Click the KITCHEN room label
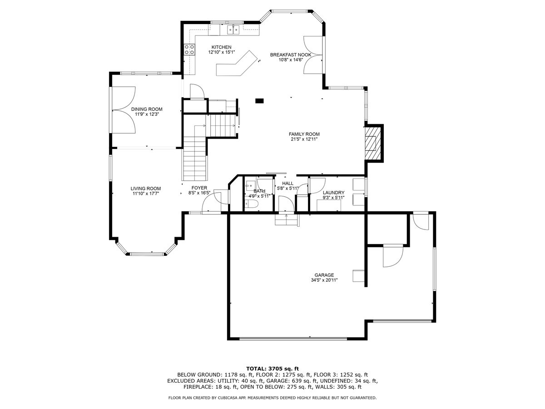[221, 47]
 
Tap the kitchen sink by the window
[233, 30]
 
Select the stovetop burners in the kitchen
[189, 50]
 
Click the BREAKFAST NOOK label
[291, 55]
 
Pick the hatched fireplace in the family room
[372, 143]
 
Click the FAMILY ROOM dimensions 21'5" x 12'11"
[304, 140]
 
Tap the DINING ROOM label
[147, 109]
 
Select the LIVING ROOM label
[146, 189]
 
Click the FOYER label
[199, 188]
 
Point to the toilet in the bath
[252, 204]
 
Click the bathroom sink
[250, 185]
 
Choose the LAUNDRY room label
[333, 192]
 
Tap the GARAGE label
[324, 275]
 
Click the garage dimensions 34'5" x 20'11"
[324, 280]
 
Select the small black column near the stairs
[259, 100]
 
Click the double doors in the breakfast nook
[313, 55]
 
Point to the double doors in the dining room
[124, 110]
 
